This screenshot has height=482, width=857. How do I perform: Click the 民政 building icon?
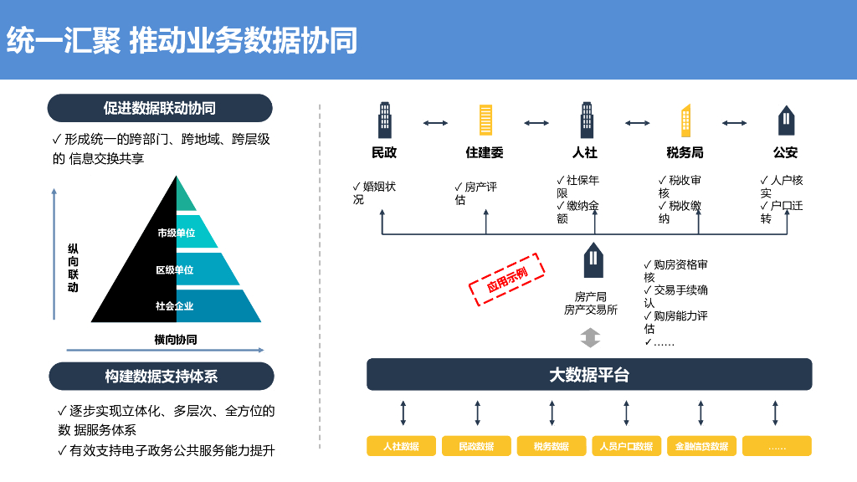[384, 120]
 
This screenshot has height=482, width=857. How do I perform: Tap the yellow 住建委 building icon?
[485, 120]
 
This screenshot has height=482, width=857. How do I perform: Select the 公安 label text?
[785, 153]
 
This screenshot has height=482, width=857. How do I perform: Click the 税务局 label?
[685, 153]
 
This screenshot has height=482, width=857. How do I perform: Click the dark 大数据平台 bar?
[589, 375]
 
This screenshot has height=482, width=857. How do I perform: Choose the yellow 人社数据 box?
[403, 446]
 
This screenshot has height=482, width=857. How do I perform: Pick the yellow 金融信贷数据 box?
[701, 446]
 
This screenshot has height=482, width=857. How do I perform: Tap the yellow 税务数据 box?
[552, 446]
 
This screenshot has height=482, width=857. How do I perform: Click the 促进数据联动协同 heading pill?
[160, 108]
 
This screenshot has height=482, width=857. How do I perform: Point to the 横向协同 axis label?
[176, 340]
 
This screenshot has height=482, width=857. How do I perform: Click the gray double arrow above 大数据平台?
[591, 338]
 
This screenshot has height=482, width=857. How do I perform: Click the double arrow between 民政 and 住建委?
[435, 123]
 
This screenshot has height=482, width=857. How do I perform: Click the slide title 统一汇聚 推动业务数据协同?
[181, 39]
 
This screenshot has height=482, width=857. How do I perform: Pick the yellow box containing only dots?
[777, 446]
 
